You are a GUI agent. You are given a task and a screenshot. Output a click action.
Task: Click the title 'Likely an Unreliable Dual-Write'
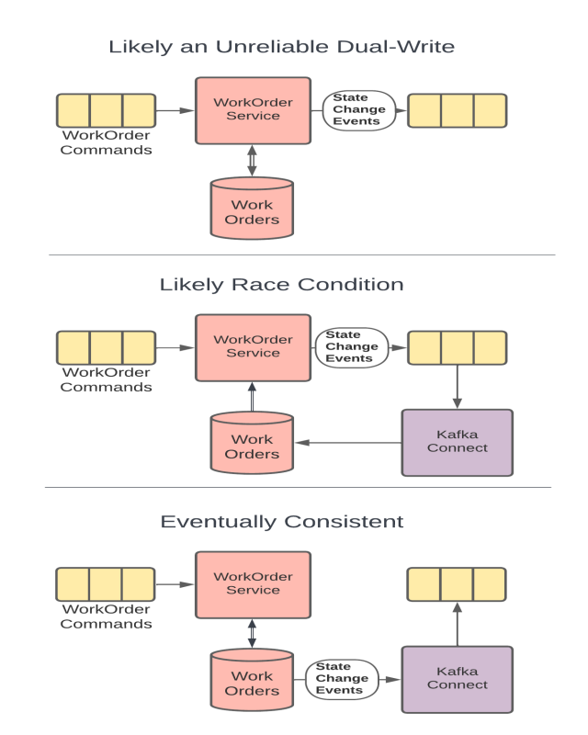[281, 46]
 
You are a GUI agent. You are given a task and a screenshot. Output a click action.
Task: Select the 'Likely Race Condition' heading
[281, 284]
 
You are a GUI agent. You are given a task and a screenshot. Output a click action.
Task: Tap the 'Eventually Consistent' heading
[281, 521]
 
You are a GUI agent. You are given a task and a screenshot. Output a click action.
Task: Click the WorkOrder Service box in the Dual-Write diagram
[253, 110]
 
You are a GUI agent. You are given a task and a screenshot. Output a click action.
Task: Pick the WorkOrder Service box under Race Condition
[253, 347]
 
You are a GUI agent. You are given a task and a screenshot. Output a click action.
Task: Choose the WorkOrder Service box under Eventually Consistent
[253, 584]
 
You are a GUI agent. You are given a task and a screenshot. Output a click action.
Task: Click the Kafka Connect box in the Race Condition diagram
[457, 442]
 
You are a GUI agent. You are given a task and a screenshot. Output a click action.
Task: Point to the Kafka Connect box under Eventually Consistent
[457, 679]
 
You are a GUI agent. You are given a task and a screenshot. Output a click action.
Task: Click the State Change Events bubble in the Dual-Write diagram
[358, 110]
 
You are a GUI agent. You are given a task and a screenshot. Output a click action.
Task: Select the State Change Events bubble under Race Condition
[352, 347]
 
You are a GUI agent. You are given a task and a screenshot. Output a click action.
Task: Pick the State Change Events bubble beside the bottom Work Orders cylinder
[340, 679]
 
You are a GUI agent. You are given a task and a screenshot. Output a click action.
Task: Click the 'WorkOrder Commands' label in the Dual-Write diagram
[106, 143]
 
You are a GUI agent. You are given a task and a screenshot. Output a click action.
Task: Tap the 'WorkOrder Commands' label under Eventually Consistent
[106, 617]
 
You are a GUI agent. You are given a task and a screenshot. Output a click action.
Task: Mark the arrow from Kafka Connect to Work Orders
[348, 443]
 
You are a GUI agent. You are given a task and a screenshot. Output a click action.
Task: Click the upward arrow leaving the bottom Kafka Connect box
[457, 625]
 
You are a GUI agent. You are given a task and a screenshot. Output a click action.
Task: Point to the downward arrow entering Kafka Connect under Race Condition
[457, 386]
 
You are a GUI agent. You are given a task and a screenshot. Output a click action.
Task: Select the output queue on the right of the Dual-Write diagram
[457, 110]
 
